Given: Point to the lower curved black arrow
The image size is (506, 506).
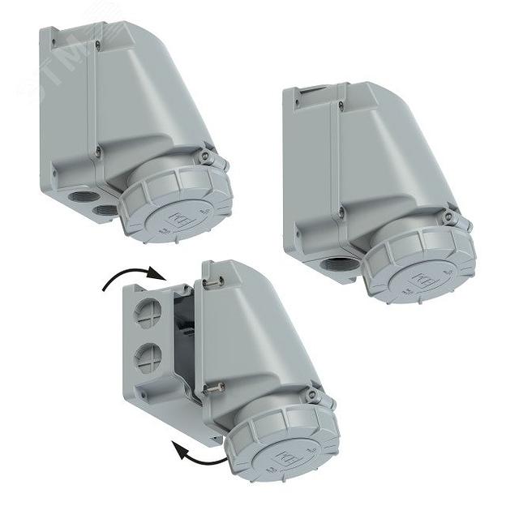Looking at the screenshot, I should click(199, 452).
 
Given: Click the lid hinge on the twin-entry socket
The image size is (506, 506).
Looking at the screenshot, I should click(210, 156).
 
